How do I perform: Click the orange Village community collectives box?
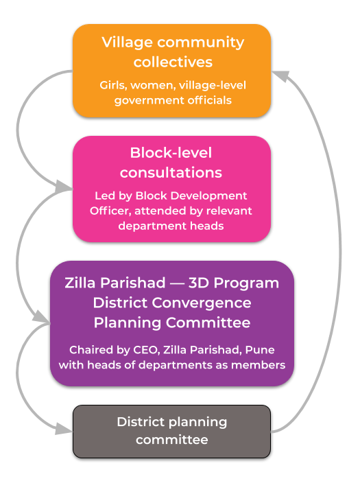pos(172,71)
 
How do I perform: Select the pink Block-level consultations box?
pos(172,189)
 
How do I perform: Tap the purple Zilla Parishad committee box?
pos(172,323)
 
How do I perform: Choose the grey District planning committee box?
pos(172,432)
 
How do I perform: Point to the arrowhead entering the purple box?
pos(42,317)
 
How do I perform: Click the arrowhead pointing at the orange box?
pos(280,75)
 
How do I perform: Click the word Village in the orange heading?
pos(128,43)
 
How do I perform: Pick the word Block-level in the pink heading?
pos(171,153)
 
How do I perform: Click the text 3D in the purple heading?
pos(199,283)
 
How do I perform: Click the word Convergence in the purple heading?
pos(202,303)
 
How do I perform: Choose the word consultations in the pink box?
pos(171,173)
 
